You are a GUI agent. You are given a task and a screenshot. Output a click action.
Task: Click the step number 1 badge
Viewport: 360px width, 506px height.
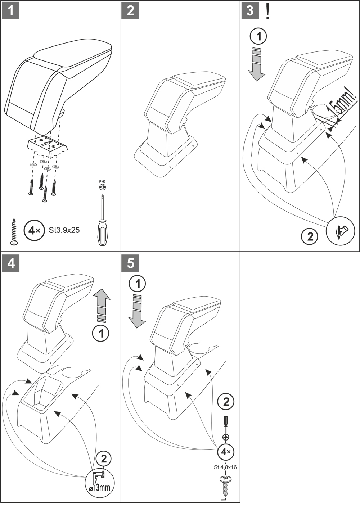pyautogui.click(x=11, y=10)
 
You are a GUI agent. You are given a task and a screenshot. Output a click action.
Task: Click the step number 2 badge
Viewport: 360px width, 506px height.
pyautogui.click(x=130, y=10)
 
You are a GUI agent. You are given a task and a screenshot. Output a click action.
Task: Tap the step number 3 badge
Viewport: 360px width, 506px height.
pyautogui.click(x=250, y=10)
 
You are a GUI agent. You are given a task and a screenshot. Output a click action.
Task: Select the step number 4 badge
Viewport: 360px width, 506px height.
pyautogui.click(x=11, y=263)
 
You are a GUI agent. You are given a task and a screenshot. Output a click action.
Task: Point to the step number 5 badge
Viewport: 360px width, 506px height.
pyautogui.click(x=130, y=263)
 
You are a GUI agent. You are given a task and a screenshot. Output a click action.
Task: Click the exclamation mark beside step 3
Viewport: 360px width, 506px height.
pyautogui.click(x=267, y=11)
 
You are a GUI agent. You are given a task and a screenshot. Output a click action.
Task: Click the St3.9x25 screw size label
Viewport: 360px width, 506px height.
pyautogui.click(x=64, y=230)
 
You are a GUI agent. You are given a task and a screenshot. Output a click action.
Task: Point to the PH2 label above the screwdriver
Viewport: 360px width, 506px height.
pyautogui.click(x=103, y=182)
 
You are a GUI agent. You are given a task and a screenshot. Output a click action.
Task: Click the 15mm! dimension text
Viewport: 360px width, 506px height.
pyautogui.click(x=340, y=105)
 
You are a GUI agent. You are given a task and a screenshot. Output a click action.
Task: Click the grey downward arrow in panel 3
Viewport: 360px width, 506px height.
pyautogui.click(x=256, y=63)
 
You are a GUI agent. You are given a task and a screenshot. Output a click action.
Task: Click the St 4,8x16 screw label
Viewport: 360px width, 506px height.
pyautogui.click(x=225, y=467)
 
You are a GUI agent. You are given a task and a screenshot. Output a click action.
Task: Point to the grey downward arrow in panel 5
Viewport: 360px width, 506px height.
pyautogui.click(x=137, y=310)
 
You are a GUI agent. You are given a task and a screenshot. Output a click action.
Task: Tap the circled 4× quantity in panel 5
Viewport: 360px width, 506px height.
pyautogui.click(x=226, y=451)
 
